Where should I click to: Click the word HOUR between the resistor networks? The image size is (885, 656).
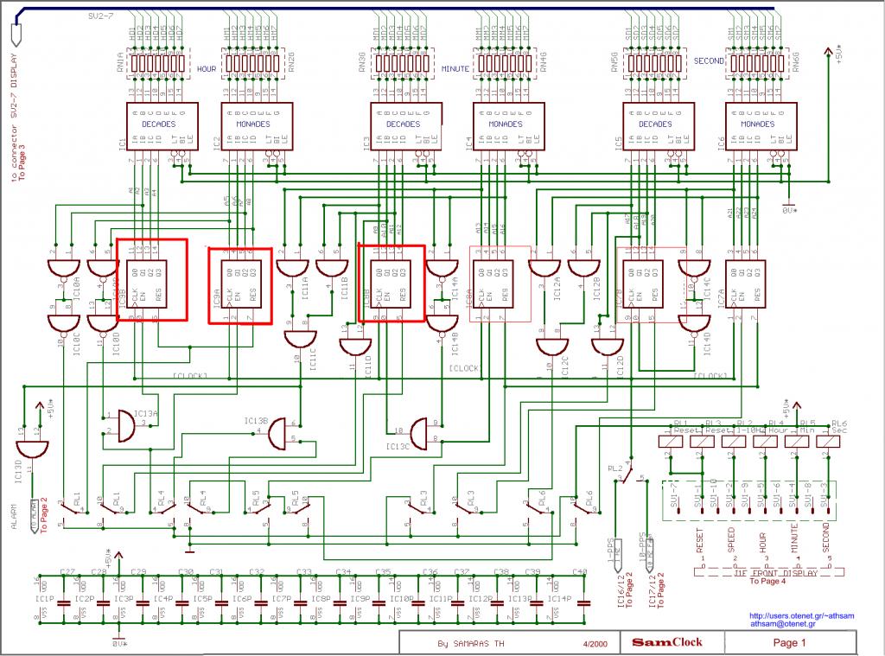[x=207, y=67]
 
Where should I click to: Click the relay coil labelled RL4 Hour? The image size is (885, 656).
[x=765, y=441]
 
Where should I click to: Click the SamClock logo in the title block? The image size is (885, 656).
[x=666, y=642]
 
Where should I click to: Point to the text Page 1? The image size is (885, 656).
[x=789, y=642]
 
